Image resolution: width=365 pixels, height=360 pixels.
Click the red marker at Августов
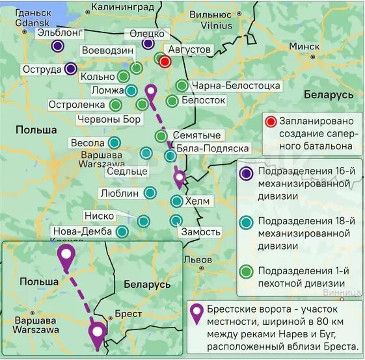pos(165,62)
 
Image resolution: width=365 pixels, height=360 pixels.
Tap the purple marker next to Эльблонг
pos(58,45)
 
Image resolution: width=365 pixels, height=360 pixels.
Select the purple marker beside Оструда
pos(71,69)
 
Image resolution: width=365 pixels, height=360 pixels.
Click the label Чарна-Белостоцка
pos(236,86)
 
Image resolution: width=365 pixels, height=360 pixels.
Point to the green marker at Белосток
pos(172,101)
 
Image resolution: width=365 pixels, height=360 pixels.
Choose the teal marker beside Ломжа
pos(131,91)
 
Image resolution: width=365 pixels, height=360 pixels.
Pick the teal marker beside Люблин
pos(150,193)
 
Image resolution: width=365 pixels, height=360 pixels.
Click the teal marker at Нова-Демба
pos(122,231)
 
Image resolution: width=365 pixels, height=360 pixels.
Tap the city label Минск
pos(304,47)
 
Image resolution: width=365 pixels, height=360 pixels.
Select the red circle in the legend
pos(271,122)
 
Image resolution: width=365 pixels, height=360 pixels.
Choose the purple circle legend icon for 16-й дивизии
pos(247,173)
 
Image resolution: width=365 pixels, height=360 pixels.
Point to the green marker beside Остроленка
pos(116,105)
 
